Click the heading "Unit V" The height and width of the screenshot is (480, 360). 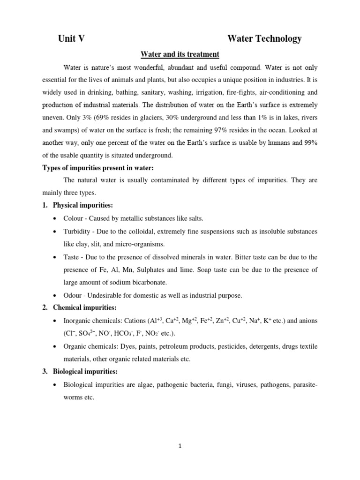(71, 39)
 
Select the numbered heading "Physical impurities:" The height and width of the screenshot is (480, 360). (82, 205)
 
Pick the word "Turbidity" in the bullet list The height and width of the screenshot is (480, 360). (77, 232)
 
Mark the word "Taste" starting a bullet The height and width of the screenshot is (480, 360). (72, 257)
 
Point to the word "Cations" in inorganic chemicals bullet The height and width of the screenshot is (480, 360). (134, 321)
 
